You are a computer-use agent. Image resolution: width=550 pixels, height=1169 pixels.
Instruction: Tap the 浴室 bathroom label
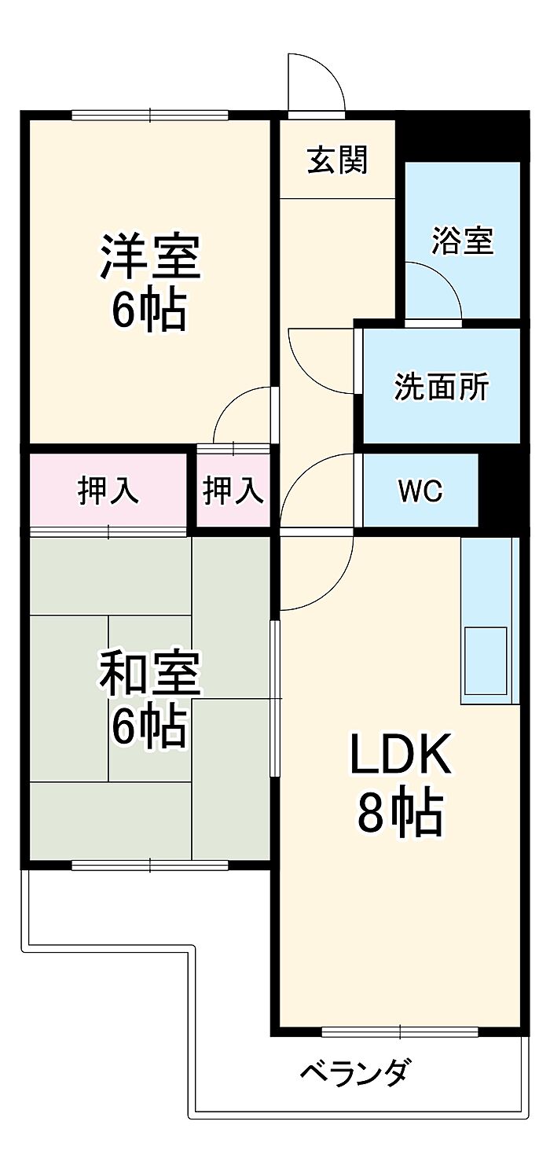[x=462, y=241]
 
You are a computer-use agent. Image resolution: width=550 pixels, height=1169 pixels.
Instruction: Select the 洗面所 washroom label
[x=441, y=387]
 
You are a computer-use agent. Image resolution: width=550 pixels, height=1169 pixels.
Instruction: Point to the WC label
[x=420, y=491]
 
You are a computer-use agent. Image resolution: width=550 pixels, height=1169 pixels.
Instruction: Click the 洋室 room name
[x=149, y=256]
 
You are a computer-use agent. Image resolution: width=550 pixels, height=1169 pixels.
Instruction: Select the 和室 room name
[x=149, y=675]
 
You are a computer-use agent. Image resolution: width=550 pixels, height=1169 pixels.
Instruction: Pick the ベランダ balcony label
[x=354, y=1072]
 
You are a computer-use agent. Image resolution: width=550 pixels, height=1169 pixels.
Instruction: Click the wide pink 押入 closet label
[x=108, y=491]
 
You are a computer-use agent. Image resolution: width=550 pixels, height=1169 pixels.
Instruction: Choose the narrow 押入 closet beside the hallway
[x=233, y=491]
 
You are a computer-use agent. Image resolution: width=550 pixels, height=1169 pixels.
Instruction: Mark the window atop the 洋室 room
[x=149, y=115]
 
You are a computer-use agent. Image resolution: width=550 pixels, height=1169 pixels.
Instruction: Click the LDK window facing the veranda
[x=399, y=1031]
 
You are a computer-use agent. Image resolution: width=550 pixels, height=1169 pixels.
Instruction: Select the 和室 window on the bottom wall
[x=149, y=865]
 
